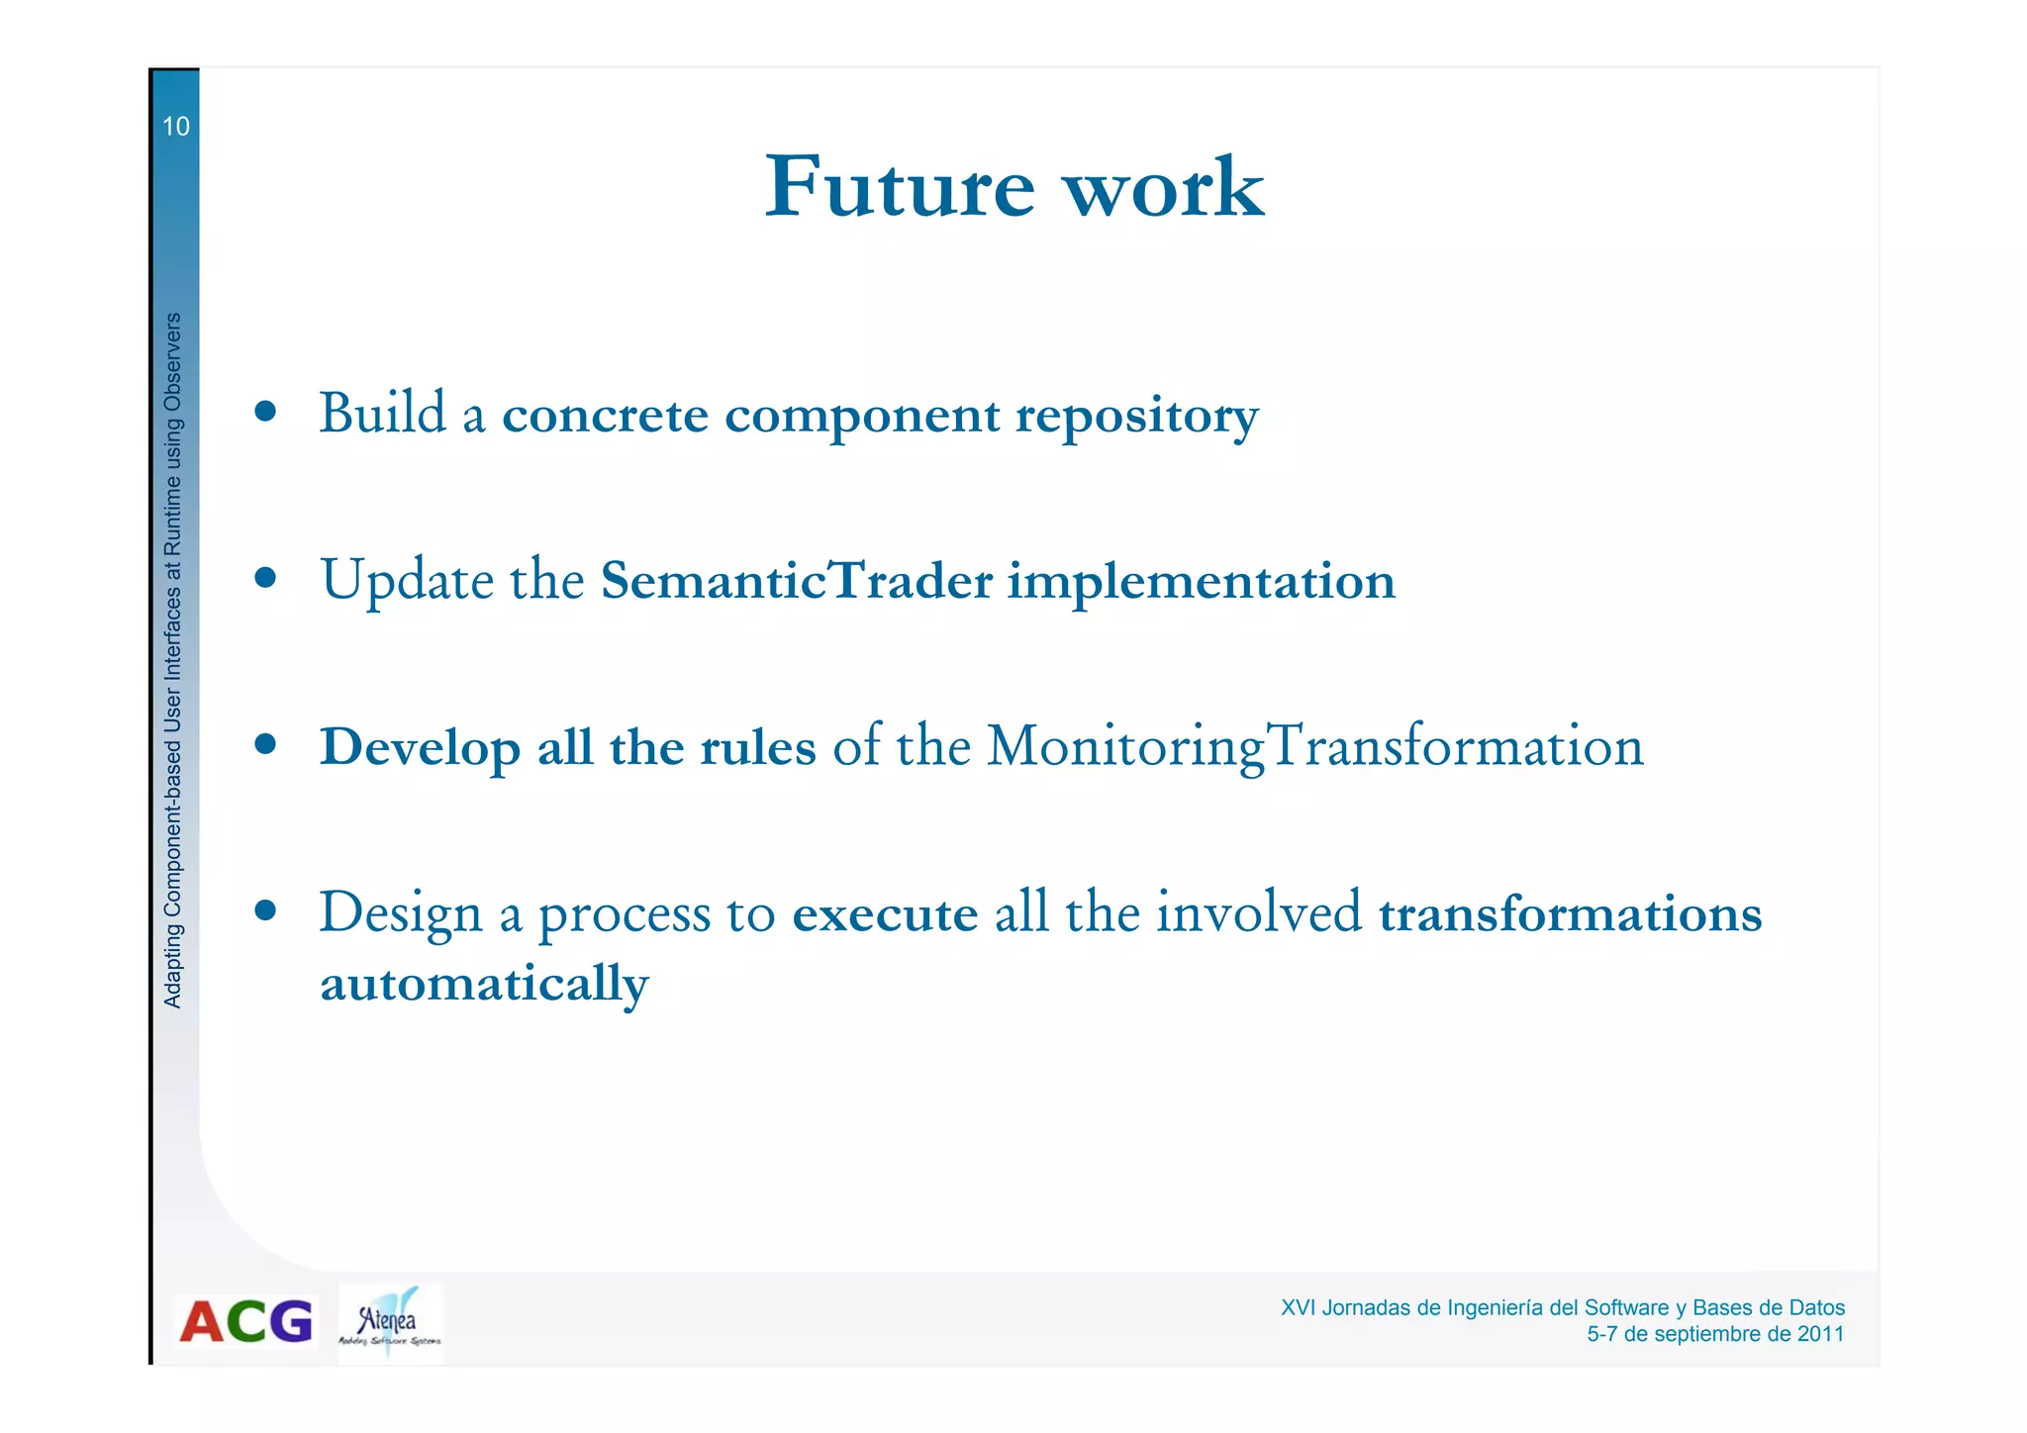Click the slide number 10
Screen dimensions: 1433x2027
(175, 127)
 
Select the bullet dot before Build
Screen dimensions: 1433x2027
(264, 412)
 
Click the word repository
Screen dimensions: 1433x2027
(1136, 416)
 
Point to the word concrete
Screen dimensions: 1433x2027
(605, 415)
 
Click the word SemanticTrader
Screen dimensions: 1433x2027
(796, 581)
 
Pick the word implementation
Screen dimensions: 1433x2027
(1201, 582)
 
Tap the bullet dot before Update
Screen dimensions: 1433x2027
(264, 577)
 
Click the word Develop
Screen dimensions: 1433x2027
(420, 748)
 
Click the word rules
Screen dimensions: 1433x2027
(757, 747)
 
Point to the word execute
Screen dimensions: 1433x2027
(885, 913)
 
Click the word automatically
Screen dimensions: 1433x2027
(484, 985)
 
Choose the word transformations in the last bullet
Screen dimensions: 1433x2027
(1570, 913)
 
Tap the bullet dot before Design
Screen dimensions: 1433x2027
(264, 909)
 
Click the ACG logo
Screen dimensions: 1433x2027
(245, 1322)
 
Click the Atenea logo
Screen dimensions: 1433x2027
(389, 1322)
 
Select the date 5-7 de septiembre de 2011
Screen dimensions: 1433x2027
(1714, 1334)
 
